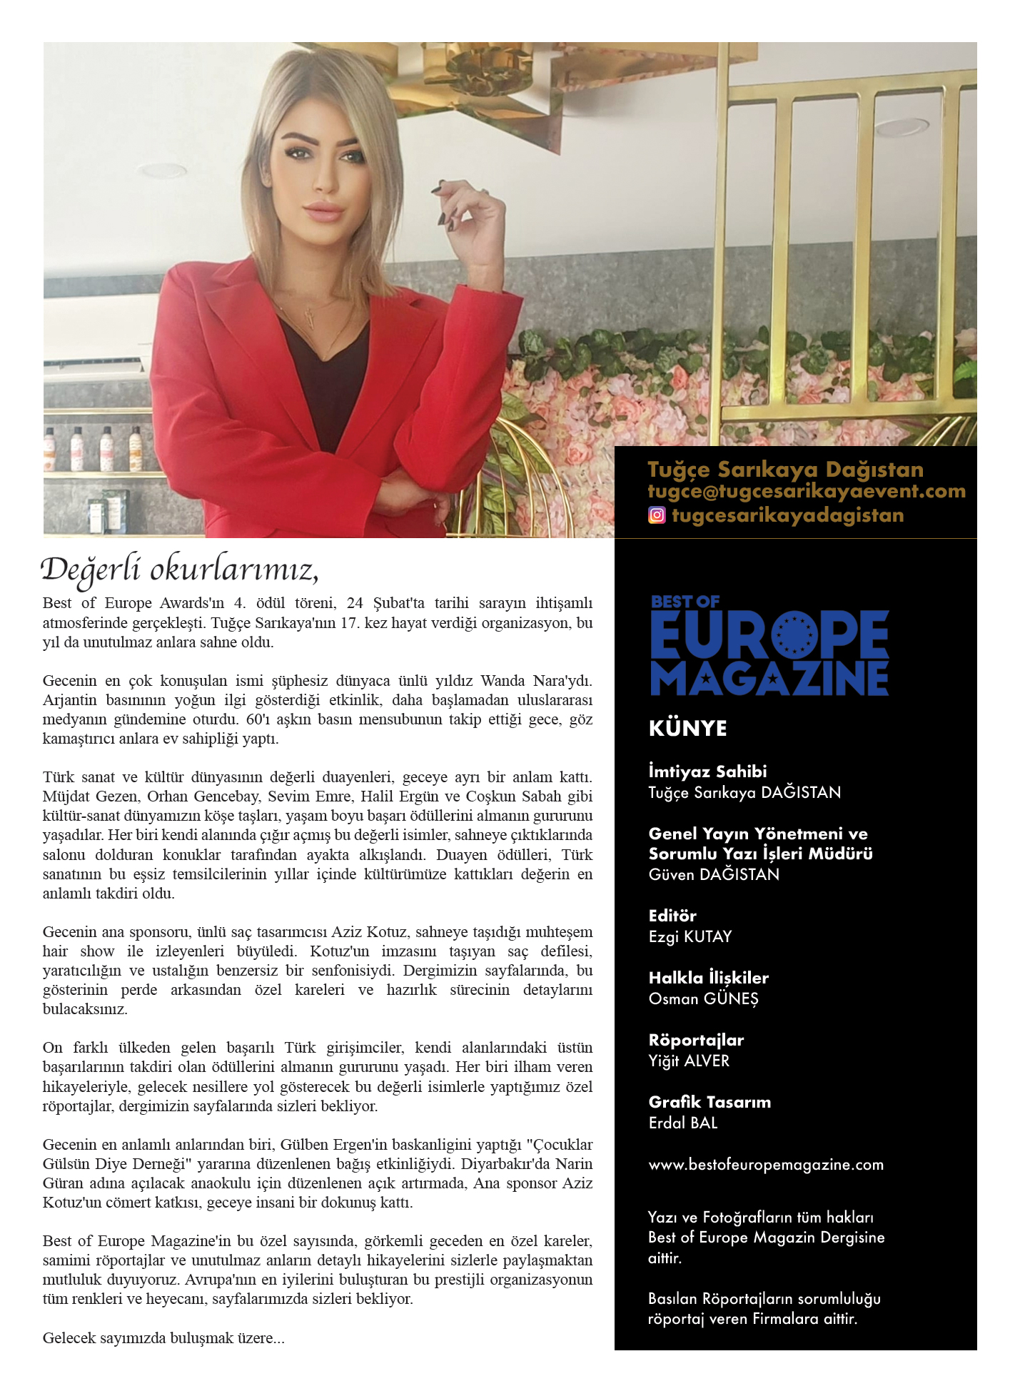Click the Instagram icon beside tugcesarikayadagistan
656,515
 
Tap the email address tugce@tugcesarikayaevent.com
806,491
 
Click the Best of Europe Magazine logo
769,645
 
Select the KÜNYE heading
687,728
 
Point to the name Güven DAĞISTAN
713,874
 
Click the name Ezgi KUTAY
690,936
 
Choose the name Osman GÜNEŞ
703,998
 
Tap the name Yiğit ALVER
689,1061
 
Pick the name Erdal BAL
682,1123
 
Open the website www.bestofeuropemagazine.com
765,1165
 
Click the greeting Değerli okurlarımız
179,570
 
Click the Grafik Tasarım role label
709,1102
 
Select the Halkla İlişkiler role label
708,978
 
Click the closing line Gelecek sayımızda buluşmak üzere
163,1337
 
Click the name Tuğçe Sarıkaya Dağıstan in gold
785,469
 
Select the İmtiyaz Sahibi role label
707,772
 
